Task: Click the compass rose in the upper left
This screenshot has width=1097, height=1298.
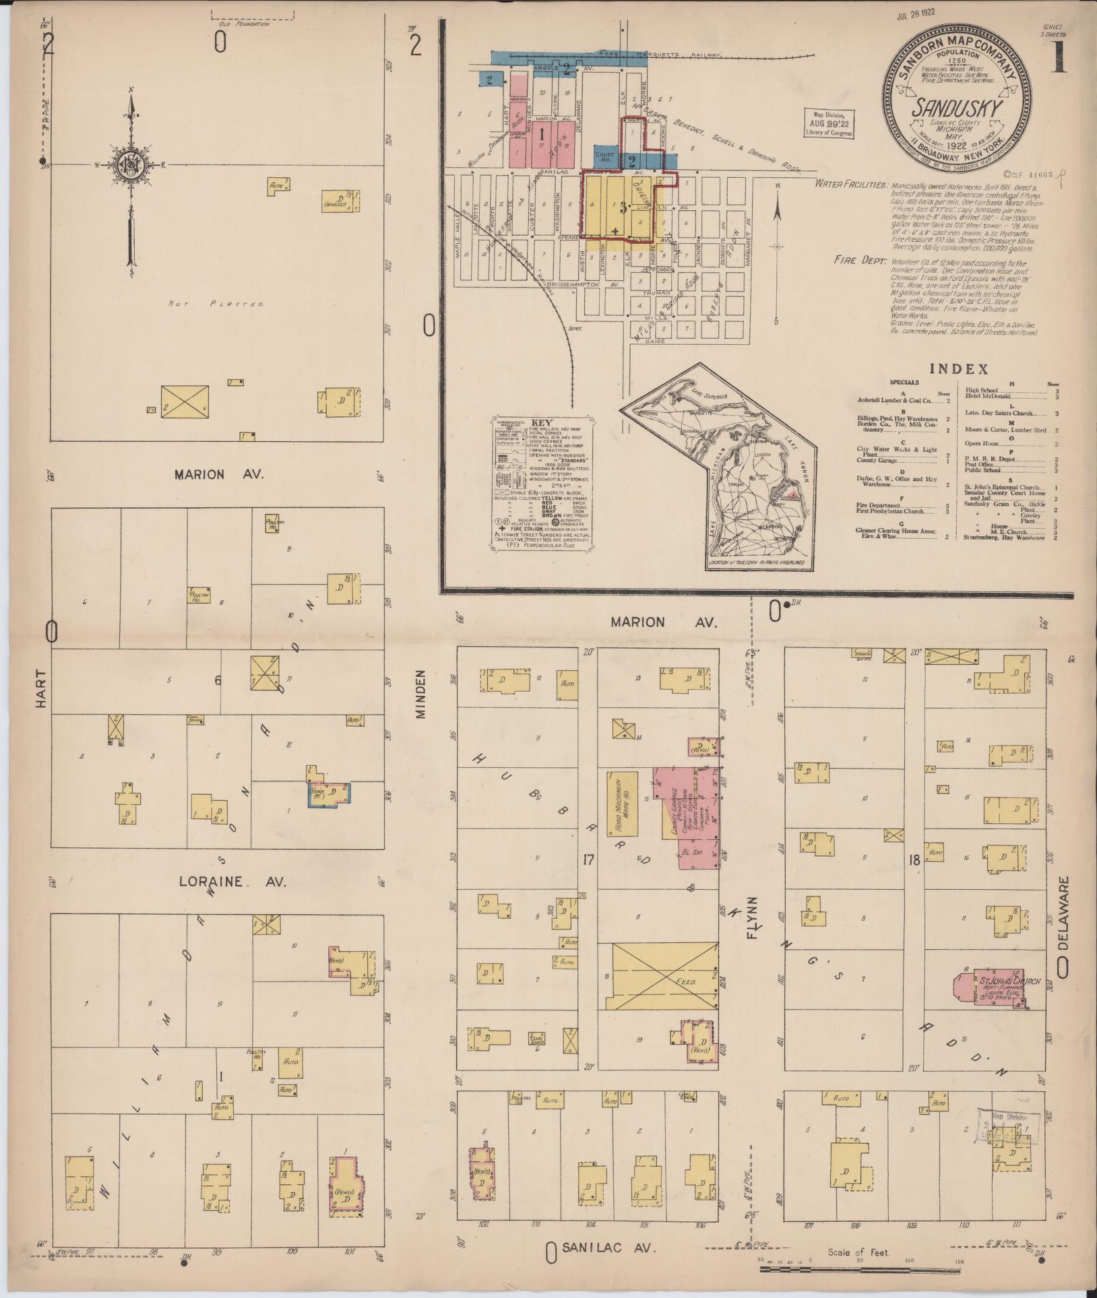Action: coord(130,166)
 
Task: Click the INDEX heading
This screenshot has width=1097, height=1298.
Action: coord(958,369)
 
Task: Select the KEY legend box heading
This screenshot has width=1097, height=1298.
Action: coord(542,423)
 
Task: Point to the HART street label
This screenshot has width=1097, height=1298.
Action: coord(42,688)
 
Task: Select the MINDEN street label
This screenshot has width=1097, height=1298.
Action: coord(422,694)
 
